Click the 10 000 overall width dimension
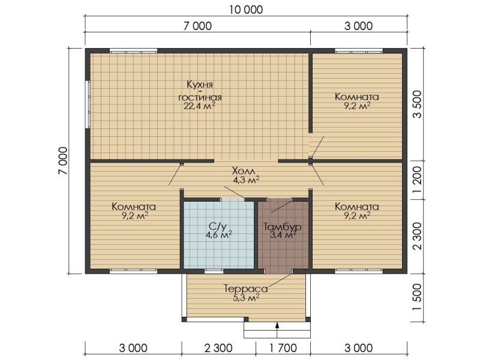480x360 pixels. [246, 10]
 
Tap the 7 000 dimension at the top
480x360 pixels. [197, 26]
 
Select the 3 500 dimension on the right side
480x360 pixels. [417, 104]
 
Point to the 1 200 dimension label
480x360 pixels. [417, 179]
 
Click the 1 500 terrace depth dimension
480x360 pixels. [417, 297]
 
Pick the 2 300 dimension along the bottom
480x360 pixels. [218, 348]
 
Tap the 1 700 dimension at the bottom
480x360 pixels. [283, 348]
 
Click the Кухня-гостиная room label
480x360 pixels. [200, 91]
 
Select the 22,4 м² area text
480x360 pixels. [199, 106]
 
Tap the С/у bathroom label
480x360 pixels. [218, 227]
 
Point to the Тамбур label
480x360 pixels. [283, 227]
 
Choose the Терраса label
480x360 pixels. [246, 289]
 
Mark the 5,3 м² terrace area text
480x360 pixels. [247, 298]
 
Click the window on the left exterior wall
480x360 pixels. [88, 104]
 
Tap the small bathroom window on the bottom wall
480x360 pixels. [214, 271]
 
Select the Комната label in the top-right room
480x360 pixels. [357, 97]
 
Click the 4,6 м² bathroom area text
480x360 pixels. [219, 235]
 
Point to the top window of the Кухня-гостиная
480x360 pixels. [133, 51]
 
